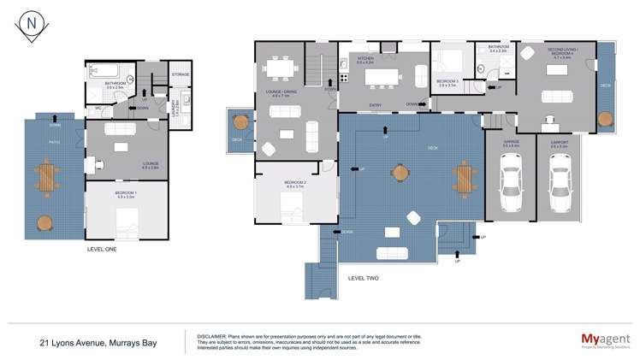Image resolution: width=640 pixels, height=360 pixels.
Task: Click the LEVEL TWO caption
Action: tap(364, 279)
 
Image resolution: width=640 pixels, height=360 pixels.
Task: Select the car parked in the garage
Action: tap(511, 184)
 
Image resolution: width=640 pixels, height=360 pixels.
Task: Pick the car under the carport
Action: tap(560, 184)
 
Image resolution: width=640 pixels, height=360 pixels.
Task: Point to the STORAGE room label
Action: tap(180, 74)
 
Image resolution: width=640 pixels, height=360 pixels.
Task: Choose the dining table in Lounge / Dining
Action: tap(281, 67)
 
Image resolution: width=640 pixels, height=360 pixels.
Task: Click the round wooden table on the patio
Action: tap(44, 224)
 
